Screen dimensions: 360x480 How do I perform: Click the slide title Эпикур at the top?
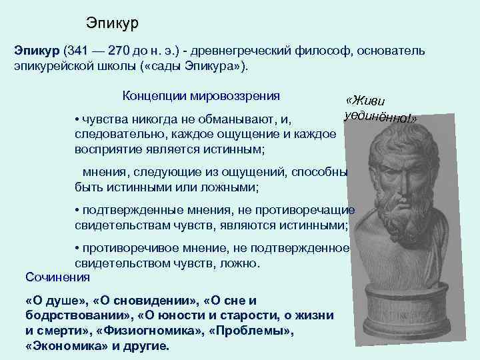click(x=112, y=23)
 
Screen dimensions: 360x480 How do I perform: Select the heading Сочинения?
click(x=57, y=276)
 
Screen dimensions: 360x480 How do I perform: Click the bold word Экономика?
click(x=59, y=347)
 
